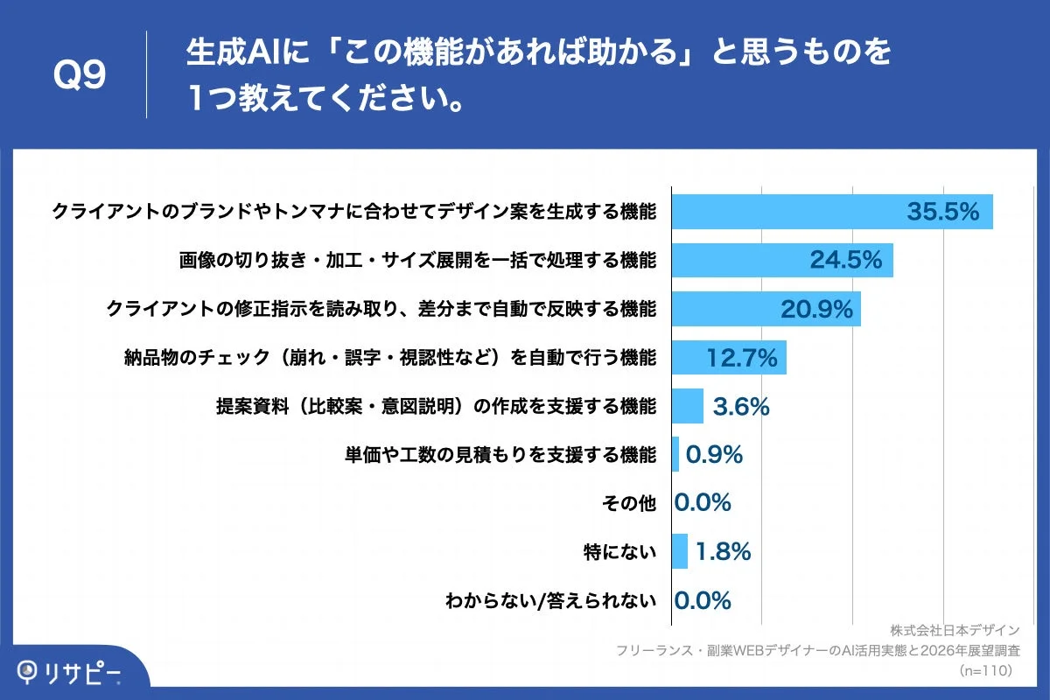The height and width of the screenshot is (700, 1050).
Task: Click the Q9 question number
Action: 80,76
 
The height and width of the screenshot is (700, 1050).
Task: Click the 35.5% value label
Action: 941,212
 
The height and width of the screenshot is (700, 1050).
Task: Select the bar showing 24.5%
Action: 781,261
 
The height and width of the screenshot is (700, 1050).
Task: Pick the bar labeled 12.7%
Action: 728,357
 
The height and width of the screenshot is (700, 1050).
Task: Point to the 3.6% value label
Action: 740,406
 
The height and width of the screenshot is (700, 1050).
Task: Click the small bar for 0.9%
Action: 675,454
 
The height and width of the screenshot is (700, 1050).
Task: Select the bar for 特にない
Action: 679,551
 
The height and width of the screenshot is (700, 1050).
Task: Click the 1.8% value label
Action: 723,551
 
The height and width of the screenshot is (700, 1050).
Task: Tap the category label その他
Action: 629,503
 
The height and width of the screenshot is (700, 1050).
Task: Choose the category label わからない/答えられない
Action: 550,600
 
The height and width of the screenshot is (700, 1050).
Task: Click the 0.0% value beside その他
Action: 703,503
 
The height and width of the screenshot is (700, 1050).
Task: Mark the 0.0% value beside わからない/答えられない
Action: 703,600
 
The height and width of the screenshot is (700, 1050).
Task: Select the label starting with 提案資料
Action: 436,406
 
